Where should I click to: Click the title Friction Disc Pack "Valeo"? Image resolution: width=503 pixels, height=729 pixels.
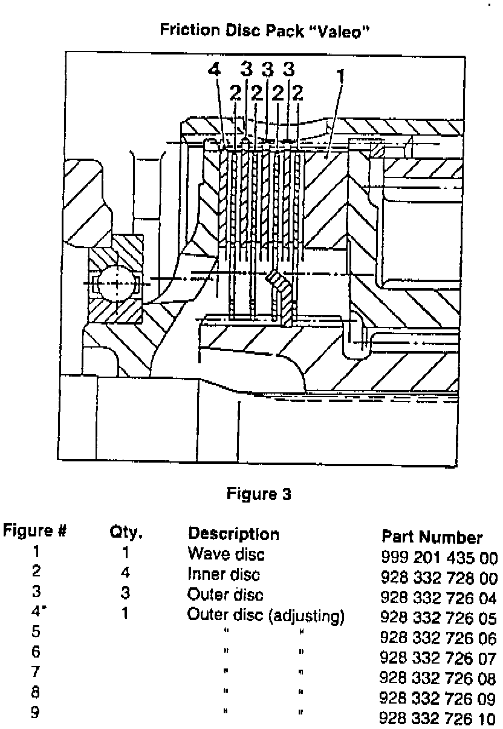(x=264, y=30)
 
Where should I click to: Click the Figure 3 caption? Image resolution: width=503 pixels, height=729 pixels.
(x=259, y=494)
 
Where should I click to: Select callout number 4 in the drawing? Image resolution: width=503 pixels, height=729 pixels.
(x=213, y=70)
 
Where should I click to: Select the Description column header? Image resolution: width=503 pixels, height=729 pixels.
(x=234, y=535)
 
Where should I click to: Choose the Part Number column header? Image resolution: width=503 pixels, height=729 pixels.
(x=432, y=537)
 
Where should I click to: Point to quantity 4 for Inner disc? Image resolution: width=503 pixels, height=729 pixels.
(x=126, y=573)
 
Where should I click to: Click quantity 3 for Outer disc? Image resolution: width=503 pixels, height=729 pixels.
(x=126, y=593)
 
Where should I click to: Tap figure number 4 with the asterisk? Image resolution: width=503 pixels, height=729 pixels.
(x=37, y=614)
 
